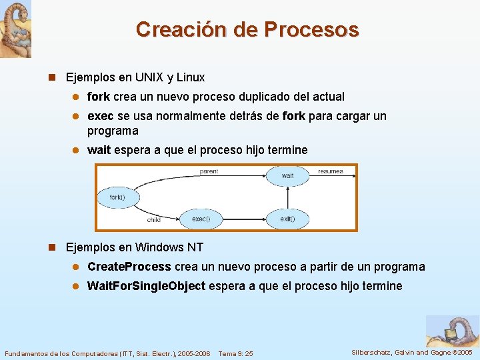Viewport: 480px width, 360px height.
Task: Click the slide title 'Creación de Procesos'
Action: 247,30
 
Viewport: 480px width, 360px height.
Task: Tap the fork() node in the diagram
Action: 117,197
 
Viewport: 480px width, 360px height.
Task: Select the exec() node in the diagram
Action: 201,218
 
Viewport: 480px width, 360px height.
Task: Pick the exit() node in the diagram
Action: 287,218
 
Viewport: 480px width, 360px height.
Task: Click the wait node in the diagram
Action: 287,176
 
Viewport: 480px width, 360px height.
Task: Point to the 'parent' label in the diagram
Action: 209,171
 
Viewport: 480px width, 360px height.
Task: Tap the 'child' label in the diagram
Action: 153,219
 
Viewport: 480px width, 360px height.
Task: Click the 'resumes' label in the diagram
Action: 331,171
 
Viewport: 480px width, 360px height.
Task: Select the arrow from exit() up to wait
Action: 287,197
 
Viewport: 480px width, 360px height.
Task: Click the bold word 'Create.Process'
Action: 129,267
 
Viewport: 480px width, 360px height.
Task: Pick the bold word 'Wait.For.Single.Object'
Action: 146,286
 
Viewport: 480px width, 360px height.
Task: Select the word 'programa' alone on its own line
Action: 113,131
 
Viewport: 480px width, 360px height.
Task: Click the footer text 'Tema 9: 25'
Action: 235,353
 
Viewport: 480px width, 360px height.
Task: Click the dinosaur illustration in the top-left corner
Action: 15,29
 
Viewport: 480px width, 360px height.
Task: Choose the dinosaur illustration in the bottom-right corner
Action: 453,331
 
